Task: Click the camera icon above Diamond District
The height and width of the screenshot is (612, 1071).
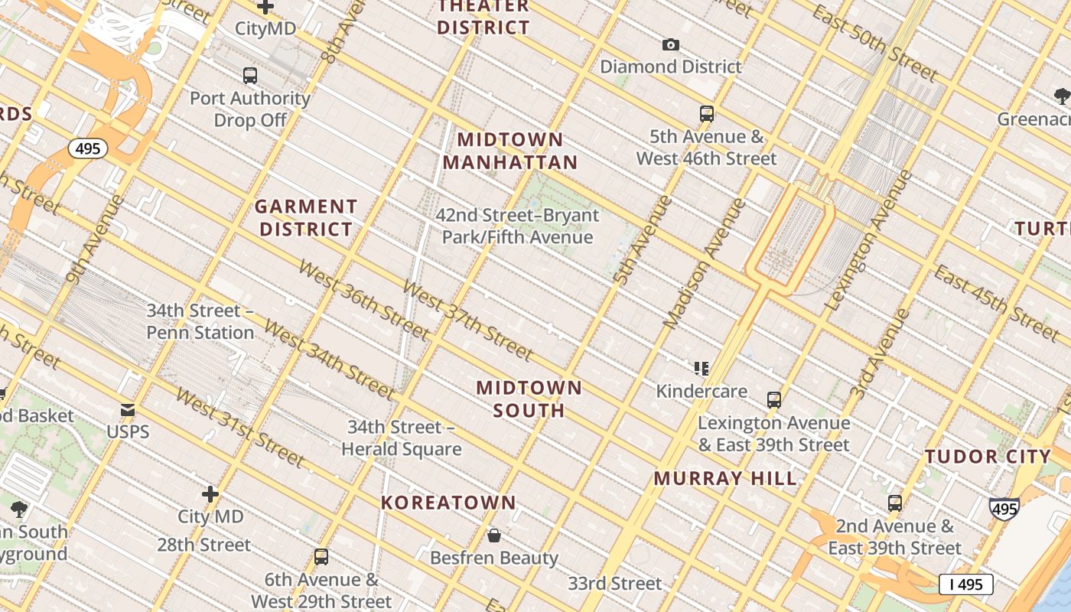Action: pyautogui.click(x=670, y=45)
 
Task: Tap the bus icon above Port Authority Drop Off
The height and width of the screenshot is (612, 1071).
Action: pyautogui.click(x=250, y=76)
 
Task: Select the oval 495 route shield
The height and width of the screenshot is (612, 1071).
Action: pyautogui.click(x=88, y=148)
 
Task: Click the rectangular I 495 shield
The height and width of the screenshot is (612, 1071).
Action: pyautogui.click(x=965, y=584)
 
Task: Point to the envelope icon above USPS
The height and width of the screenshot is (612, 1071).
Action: pyautogui.click(x=128, y=410)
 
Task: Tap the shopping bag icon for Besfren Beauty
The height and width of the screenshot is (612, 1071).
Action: pyautogui.click(x=494, y=535)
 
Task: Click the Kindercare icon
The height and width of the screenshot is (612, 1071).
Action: pyautogui.click(x=702, y=369)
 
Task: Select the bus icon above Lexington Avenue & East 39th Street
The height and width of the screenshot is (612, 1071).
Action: pyautogui.click(x=774, y=400)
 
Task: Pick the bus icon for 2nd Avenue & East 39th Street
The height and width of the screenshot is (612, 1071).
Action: pyautogui.click(x=895, y=503)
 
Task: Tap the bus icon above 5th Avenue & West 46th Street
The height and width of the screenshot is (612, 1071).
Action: pyautogui.click(x=707, y=114)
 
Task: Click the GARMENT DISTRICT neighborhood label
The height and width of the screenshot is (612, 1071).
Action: pyautogui.click(x=306, y=218)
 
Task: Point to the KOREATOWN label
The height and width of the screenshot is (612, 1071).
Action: pyautogui.click(x=449, y=503)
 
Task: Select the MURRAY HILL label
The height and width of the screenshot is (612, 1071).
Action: pyautogui.click(x=725, y=479)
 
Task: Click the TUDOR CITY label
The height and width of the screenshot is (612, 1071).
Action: pyautogui.click(x=988, y=457)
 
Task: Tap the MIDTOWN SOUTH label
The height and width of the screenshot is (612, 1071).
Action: pyautogui.click(x=529, y=399)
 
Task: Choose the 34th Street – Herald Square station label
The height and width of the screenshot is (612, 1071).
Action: pyautogui.click(x=401, y=438)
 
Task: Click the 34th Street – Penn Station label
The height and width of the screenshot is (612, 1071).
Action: pyautogui.click(x=200, y=321)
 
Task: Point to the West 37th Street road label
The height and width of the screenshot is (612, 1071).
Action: pyautogui.click(x=467, y=321)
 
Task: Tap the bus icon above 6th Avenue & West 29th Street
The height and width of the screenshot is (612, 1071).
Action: pyautogui.click(x=321, y=557)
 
